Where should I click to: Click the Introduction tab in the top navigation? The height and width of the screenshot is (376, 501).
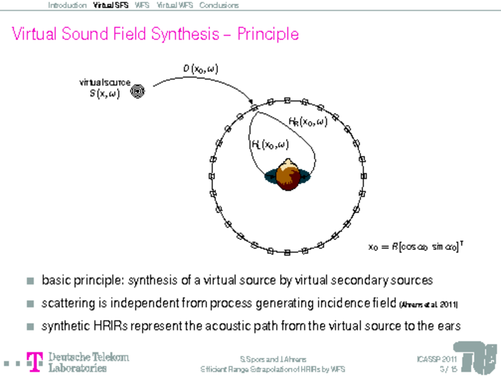point(67,6)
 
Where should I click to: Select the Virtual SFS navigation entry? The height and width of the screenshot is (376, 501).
point(110,6)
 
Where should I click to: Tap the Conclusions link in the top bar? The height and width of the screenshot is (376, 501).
point(219,6)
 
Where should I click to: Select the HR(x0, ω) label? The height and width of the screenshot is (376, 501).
point(307,122)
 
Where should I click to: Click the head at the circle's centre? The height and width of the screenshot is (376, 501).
point(287,171)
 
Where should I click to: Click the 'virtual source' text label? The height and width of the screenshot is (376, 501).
point(105,82)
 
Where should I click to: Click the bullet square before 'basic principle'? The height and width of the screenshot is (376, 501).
point(31,279)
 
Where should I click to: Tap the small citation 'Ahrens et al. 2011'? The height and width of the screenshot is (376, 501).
point(428,305)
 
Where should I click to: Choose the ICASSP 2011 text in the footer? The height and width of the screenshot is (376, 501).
point(436,359)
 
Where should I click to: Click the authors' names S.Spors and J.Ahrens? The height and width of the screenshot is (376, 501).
point(273,359)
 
